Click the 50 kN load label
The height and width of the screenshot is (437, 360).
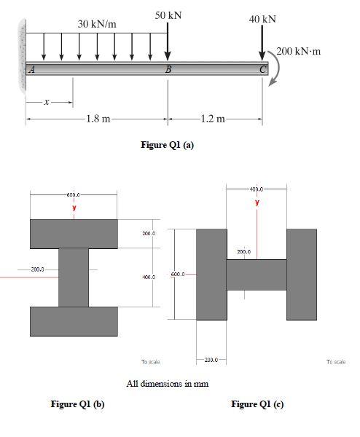[x=168, y=15]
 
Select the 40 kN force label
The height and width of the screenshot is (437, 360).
[x=262, y=18]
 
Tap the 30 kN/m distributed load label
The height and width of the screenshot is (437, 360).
[x=97, y=25]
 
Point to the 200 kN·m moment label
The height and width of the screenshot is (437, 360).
[x=300, y=52]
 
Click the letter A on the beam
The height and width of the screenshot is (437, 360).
[x=31, y=70]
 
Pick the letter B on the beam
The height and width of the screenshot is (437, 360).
[x=168, y=70]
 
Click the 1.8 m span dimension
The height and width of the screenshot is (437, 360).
[x=98, y=119]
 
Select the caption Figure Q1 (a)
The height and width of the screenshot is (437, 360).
[x=167, y=145]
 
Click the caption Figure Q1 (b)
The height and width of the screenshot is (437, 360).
[x=77, y=404]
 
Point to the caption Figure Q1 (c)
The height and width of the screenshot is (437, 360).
[x=257, y=404]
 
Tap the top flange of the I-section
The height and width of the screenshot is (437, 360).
[x=74, y=233]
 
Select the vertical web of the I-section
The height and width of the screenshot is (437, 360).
[x=74, y=277]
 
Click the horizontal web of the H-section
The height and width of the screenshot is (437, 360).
[x=256, y=275]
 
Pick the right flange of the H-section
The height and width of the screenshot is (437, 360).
[x=302, y=274]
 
